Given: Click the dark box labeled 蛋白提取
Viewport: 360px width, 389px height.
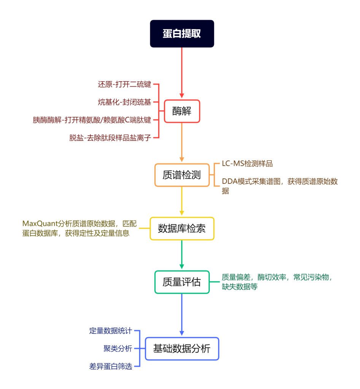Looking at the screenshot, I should [182, 33].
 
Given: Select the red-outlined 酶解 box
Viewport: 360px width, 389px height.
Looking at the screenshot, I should [182, 111].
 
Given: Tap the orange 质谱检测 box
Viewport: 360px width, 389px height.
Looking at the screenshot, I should [182, 175].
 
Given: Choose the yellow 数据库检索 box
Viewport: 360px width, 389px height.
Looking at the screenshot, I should [182, 228].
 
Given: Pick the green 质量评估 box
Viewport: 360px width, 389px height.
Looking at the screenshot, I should [182, 282].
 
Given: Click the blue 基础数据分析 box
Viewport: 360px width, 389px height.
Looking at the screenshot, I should [182, 349].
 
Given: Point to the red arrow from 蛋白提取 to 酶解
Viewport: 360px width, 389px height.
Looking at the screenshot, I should [182, 72].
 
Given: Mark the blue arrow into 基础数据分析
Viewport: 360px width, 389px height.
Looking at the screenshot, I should [182, 314].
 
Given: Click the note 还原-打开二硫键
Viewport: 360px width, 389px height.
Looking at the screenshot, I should [125, 84].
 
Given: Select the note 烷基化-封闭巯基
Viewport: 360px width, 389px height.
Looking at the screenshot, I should [125, 102].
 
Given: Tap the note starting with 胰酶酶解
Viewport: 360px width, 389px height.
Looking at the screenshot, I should [92, 120].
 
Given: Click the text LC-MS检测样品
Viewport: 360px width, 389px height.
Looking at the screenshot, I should [247, 164].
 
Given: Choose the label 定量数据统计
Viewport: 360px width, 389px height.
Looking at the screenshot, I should [111, 331].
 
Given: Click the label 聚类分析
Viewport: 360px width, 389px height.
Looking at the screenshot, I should [117, 349].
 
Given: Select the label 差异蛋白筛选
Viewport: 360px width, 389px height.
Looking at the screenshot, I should [111, 367].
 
